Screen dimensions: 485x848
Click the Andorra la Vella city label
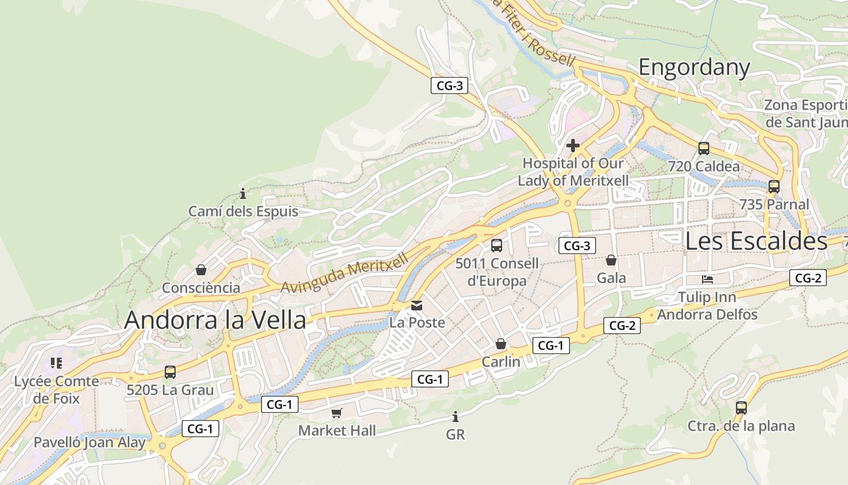215,320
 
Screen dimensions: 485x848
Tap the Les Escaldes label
756,241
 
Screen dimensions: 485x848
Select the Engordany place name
694,67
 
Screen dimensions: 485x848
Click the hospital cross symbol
572,145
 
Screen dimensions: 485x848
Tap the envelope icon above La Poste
417,305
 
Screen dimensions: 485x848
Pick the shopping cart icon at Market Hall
337,413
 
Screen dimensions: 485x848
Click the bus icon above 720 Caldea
703,148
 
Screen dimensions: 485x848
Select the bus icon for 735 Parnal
773,187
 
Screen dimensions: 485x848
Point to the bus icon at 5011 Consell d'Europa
496,246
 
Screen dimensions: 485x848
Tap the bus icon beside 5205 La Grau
170,372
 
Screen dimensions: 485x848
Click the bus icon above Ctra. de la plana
741,408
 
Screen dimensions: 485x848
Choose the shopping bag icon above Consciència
200,270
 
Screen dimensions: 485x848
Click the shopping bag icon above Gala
611,260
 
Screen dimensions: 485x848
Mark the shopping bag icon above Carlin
501,344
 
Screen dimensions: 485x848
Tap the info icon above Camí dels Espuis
243,194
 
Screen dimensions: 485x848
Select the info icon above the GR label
455,417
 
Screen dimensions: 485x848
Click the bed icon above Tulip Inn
707,279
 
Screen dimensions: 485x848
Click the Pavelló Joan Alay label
89,442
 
